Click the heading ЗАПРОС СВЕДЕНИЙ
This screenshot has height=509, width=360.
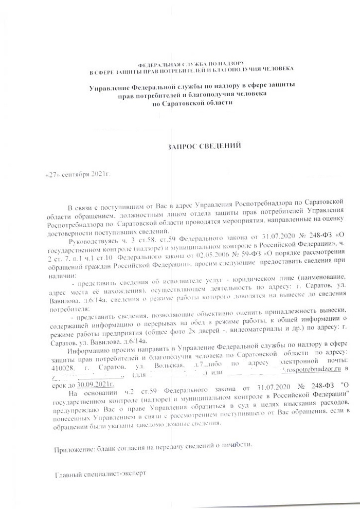coord(205,146)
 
